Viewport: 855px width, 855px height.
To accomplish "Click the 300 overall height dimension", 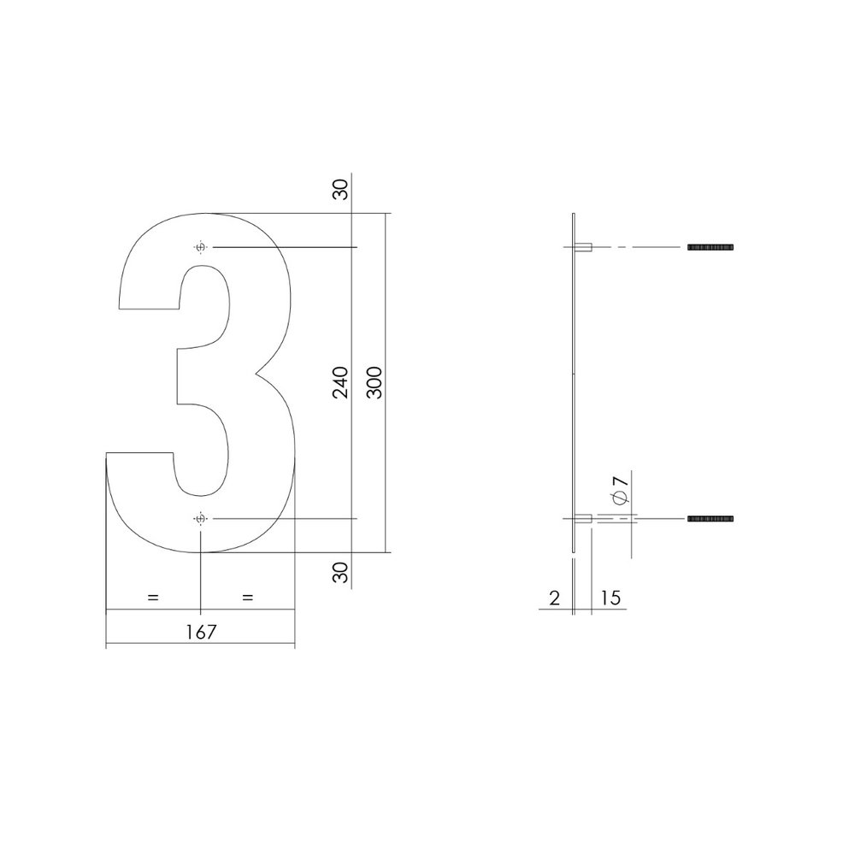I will point(374,382).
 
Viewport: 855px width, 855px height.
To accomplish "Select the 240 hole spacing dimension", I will point(341,382).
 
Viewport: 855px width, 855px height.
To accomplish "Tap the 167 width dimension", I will point(200,632).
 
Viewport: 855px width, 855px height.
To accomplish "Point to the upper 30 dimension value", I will point(341,190).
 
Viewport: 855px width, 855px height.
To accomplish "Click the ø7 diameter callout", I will point(620,492).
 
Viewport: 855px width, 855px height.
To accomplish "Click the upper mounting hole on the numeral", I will point(201,247).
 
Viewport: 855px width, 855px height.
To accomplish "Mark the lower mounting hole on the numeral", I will point(201,519).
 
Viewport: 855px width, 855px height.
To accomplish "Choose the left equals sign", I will point(153,598).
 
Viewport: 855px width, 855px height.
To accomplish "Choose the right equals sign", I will point(248,598).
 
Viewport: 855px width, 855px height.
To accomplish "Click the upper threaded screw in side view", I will point(711,247).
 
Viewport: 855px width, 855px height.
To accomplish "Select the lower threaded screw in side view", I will point(711,519).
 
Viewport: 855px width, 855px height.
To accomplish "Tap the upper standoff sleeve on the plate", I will point(586,247).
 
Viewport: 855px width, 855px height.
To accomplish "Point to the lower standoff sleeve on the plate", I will point(586,519).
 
